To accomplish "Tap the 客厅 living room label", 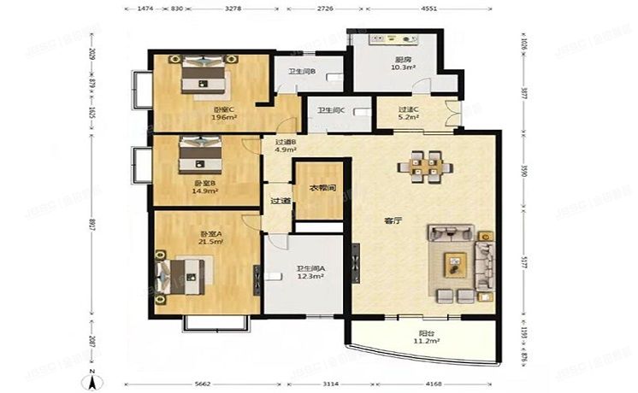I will click(393, 220).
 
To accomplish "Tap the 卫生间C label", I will click(331, 110).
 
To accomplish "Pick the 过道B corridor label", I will click(285, 142).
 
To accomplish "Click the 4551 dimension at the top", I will click(428, 8).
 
